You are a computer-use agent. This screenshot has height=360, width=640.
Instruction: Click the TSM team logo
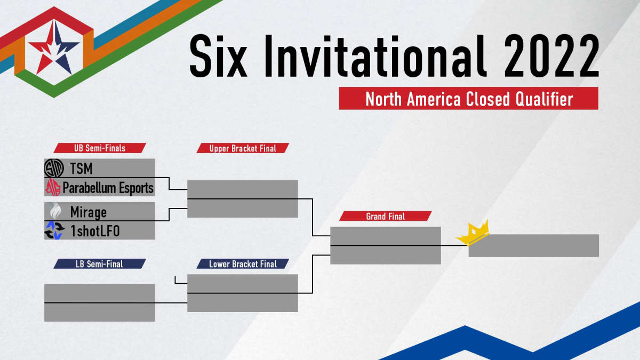(x=54, y=169)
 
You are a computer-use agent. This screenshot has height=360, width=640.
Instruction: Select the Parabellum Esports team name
(x=108, y=188)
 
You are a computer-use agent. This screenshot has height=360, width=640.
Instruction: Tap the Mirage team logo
(x=55, y=211)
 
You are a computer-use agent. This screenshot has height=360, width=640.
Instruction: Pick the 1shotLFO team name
(x=95, y=231)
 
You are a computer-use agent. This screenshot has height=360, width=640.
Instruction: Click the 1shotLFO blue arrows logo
(x=54, y=230)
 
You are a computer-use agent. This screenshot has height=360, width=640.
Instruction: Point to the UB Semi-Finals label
(x=100, y=148)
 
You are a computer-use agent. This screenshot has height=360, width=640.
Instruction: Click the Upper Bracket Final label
(x=243, y=148)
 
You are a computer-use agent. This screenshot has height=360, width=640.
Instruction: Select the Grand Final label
(x=386, y=217)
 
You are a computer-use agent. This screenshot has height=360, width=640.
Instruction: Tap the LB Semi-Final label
(x=100, y=263)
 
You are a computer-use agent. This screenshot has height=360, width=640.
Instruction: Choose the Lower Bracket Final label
(x=243, y=263)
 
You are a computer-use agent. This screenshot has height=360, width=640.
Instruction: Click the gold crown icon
(x=473, y=233)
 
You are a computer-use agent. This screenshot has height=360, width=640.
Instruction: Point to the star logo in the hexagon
(x=54, y=48)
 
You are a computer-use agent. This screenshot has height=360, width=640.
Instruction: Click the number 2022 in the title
(x=551, y=56)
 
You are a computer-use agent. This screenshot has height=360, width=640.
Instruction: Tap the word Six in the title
(x=218, y=56)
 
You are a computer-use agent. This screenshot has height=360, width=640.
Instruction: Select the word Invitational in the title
(x=375, y=56)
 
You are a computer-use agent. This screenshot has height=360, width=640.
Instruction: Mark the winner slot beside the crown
(x=534, y=246)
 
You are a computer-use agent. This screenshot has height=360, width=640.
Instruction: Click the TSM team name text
(x=82, y=169)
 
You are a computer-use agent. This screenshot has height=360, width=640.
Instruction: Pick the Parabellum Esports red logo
(x=53, y=187)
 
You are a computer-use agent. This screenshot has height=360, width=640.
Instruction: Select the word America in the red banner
(x=434, y=99)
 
